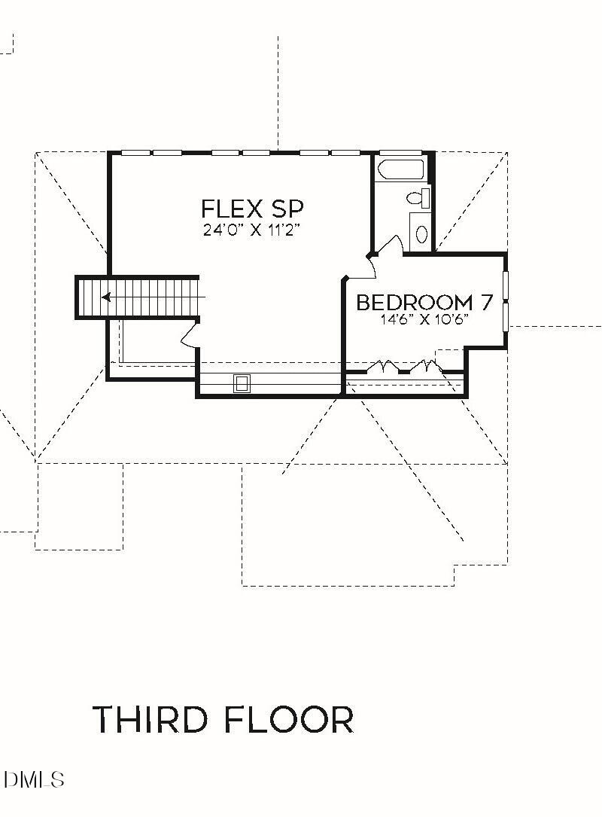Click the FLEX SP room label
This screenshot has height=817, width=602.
(251, 209)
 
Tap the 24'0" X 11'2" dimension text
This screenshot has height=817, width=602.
(251, 231)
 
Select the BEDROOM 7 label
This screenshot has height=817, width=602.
(424, 303)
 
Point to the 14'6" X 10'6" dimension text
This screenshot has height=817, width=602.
(424, 319)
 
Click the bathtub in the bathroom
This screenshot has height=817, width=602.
(401, 169)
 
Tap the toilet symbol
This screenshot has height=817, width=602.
(418, 198)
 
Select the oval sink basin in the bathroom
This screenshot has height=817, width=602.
(421, 233)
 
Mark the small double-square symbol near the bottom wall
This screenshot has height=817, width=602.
(242, 383)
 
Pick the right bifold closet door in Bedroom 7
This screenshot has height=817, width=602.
(424, 367)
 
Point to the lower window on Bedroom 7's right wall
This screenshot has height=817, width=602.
(506, 316)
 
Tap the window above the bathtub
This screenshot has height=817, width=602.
(401, 153)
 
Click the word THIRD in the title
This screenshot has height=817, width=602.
(150, 720)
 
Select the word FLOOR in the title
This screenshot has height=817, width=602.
(288, 720)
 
